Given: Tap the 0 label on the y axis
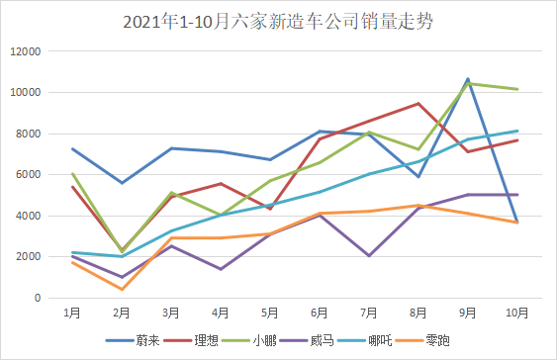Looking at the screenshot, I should coord(38,298).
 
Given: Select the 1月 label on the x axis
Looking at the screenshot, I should coord(72,313).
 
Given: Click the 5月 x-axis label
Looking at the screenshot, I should coord(270,313).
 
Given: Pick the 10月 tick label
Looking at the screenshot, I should coord(516,313).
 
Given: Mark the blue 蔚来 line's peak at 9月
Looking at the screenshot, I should coord(467,79).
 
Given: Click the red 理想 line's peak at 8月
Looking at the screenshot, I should coord(418,103).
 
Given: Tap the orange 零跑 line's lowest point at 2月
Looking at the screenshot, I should coord(122,289).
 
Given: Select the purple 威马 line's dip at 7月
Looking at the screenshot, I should coord(369,256).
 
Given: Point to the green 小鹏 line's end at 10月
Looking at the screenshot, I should coord(516,89).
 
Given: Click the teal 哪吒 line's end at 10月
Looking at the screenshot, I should coord(516,131).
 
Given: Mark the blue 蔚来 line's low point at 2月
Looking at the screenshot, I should coord(122,183).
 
